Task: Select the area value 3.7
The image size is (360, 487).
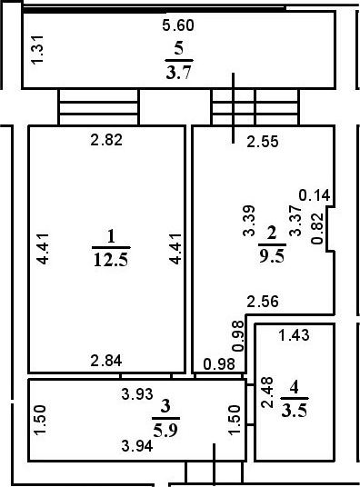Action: (x=178, y=72)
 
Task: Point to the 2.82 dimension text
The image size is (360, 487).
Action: (x=106, y=140)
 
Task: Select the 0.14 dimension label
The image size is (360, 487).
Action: (x=315, y=194)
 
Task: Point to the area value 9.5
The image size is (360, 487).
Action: (x=271, y=255)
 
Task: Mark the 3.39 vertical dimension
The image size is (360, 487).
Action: (x=248, y=223)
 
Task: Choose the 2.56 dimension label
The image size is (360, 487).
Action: (x=262, y=303)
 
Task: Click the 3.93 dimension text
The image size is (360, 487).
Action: (x=138, y=394)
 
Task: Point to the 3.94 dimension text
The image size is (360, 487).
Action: (x=138, y=444)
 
